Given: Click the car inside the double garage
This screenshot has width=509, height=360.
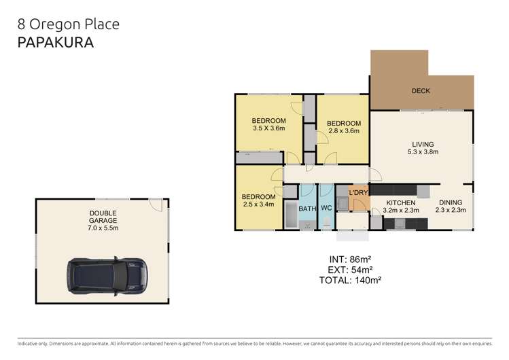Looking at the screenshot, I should [x=107, y=276].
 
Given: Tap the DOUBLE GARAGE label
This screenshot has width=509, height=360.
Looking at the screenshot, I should [x=103, y=217].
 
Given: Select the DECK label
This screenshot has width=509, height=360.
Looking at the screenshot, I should [x=421, y=90].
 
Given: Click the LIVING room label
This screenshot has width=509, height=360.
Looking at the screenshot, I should [x=422, y=143].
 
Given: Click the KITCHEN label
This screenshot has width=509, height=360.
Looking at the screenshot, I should [x=400, y=203].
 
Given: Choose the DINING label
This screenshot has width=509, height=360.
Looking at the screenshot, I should [x=450, y=203].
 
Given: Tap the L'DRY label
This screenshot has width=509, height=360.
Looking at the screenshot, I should [x=358, y=193].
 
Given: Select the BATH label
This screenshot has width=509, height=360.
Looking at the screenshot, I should [x=307, y=209].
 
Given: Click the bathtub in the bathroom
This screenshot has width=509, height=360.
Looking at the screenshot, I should [x=290, y=215].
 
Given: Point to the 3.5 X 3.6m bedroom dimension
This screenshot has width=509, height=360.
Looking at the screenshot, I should [x=268, y=128].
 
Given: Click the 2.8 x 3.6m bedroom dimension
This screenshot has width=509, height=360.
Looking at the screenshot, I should [x=344, y=131].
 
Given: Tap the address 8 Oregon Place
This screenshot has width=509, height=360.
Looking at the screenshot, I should [x=68, y=24].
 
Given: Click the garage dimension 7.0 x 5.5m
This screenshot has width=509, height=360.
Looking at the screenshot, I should [x=103, y=228].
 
